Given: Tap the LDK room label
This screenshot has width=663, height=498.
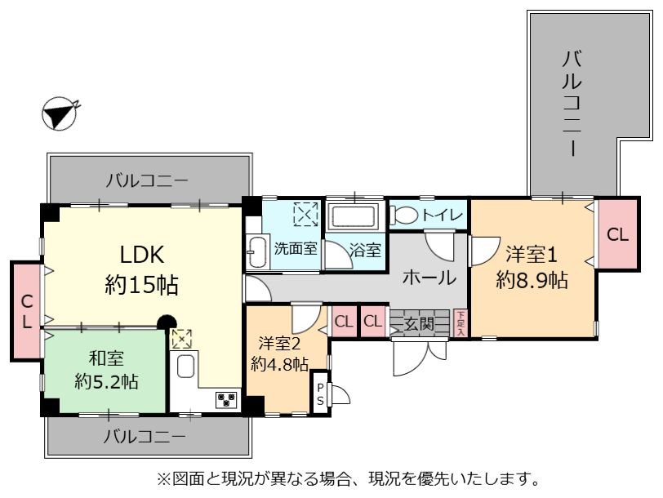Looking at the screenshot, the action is [x=141, y=255].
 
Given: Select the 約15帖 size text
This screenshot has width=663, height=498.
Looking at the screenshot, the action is [x=141, y=284].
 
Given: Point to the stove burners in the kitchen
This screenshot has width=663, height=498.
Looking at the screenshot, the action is [x=227, y=399].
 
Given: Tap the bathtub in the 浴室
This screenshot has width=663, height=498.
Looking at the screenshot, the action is [x=354, y=216].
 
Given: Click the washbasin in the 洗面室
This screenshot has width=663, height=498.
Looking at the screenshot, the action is [x=256, y=252].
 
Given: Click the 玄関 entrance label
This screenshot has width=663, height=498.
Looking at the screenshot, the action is [x=419, y=324].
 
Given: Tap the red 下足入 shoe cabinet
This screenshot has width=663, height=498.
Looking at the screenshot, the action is [x=461, y=323].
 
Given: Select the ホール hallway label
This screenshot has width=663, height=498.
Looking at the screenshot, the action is [x=429, y=278].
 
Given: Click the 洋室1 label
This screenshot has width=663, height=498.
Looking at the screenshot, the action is [x=531, y=255].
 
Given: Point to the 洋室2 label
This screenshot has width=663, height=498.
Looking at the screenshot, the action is [x=279, y=344].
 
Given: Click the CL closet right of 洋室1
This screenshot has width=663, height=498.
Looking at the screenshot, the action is [x=618, y=234].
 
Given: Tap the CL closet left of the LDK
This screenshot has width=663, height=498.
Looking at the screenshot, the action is [x=26, y=312].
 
